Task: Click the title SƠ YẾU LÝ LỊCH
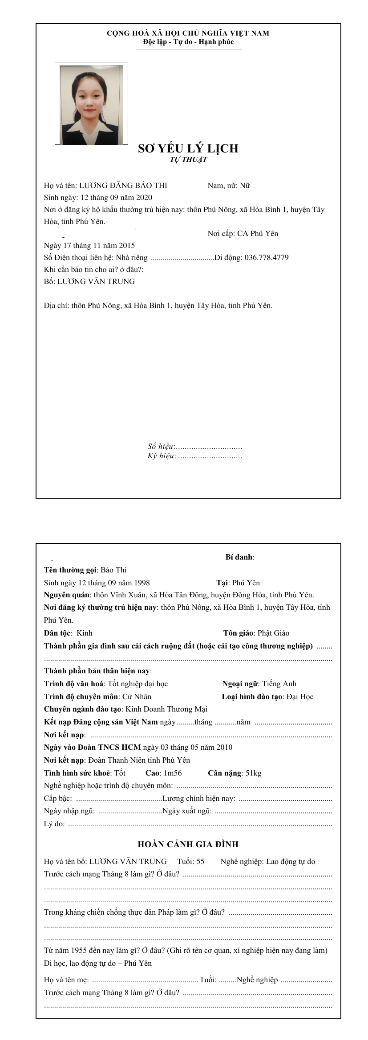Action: pos(188,148)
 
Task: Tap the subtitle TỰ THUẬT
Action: pos(188,160)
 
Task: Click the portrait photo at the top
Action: pos(91,104)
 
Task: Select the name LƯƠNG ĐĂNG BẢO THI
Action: pos(123,186)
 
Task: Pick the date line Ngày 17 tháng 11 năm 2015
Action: pos(89,245)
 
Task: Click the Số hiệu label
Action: pos(160,446)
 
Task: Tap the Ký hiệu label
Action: pos(161,456)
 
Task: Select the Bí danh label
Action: pos(239,557)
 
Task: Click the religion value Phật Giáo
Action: pos(273,633)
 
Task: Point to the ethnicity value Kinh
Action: pos(85,633)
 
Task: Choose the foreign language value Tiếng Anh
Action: pos(279,684)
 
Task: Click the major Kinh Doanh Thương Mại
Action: pos(165,709)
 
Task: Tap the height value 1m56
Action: pos(173,773)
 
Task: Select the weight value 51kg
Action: pos(253,773)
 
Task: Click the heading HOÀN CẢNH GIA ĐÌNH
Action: pos(188,844)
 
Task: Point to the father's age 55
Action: pos(200,861)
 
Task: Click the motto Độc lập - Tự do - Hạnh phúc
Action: pos(188,42)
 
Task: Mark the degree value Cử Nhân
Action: pos(137,696)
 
